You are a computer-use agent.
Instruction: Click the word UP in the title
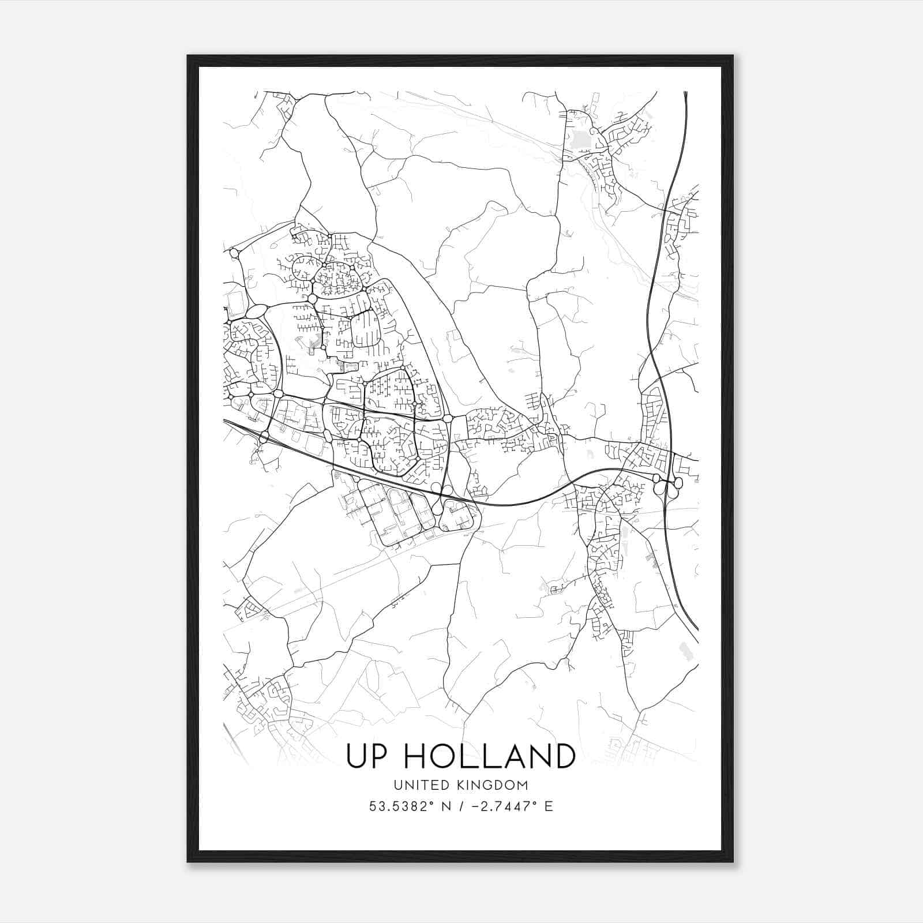[366, 756]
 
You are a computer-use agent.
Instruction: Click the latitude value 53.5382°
[402, 806]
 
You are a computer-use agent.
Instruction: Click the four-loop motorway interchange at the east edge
[667, 483]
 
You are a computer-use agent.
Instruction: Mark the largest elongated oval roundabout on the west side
[256, 312]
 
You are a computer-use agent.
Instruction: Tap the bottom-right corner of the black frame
[733, 861]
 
